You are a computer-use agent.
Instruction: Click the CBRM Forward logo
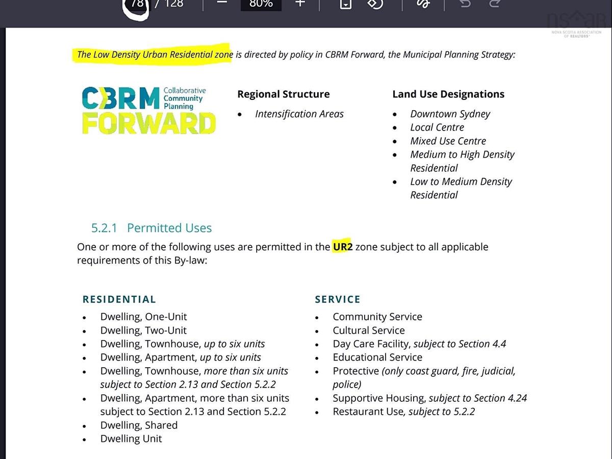tap(148, 110)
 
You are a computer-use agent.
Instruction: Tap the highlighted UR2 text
tap(343, 247)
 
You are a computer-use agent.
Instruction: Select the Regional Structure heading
tap(283, 94)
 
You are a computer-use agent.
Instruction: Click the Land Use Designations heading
tap(448, 94)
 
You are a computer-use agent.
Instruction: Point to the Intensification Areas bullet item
tap(299, 114)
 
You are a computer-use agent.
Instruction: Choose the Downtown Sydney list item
tap(450, 114)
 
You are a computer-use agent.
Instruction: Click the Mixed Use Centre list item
tap(448, 141)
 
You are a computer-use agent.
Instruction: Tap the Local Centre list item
tap(437, 127)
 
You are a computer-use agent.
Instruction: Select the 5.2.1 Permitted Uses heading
tap(151, 228)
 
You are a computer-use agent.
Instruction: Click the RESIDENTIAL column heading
tap(119, 299)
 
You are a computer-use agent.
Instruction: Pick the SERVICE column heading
tap(338, 299)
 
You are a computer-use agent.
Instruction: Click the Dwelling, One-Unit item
tap(143, 317)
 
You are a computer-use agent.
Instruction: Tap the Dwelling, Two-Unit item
tap(143, 330)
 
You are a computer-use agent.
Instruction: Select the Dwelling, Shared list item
tap(139, 425)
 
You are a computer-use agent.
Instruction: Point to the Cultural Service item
tap(369, 330)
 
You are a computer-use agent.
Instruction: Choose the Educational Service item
tap(377, 358)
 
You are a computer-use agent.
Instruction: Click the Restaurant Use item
tap(403, 412)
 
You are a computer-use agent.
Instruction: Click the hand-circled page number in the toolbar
tap(137, 4)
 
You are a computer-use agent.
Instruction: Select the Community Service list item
tap(377, 317)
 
